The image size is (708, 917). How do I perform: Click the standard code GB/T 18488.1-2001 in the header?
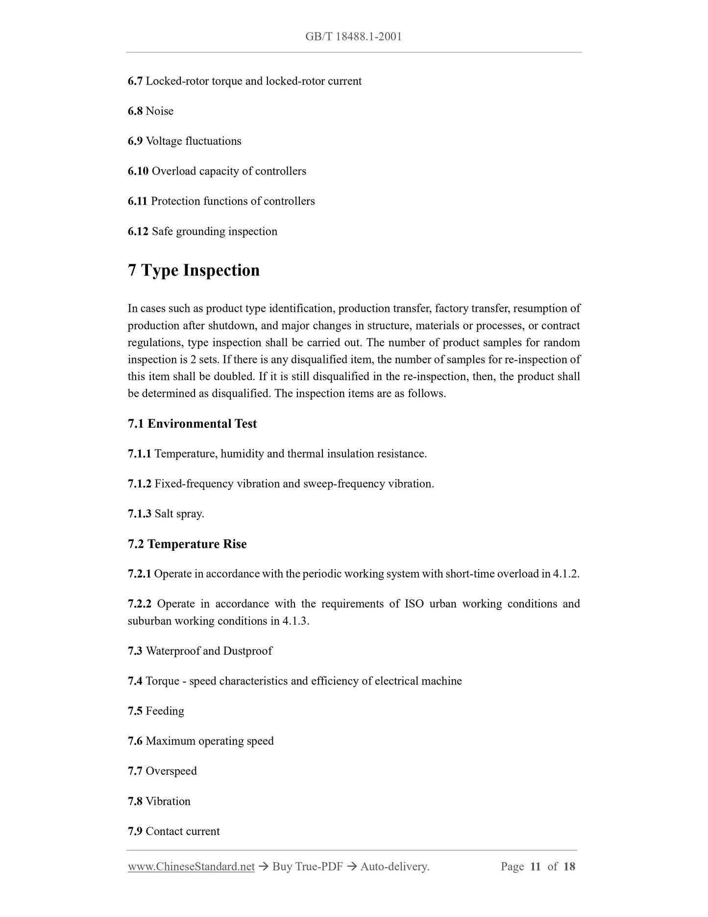click(353, 37)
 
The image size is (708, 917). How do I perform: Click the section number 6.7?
click(135, 81)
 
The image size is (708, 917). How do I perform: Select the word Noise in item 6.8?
click(160, 111)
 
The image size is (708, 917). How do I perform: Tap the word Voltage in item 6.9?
click(164, 141)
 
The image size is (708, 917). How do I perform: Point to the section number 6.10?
click(138, 171)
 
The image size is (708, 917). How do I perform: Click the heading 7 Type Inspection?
click(194, 270)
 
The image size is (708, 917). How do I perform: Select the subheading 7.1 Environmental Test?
click(192, 424)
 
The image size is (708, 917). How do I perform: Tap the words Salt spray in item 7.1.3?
click(179, 514)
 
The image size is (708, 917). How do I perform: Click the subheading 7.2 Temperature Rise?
click(187, 544)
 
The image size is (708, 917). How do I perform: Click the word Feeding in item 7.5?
click(165, 711)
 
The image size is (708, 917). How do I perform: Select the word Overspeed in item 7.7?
click(171, 771)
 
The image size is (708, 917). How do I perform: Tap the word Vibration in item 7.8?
click(168, 801)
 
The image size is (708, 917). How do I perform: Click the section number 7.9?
click(135, 831)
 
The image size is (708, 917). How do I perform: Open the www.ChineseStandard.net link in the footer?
click(191, 866)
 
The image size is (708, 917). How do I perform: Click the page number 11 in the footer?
click(535, 866)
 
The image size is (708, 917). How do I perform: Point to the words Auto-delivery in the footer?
click(394, 866)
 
